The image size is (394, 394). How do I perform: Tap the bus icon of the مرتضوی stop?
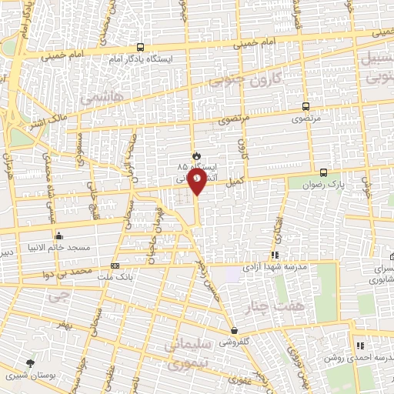(307, 107)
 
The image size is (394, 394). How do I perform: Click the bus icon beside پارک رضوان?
(323, 173)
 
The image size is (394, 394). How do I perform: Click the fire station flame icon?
(195, 155)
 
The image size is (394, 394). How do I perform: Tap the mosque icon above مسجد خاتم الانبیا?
(58, 235)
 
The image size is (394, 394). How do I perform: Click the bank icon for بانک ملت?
(115, 265)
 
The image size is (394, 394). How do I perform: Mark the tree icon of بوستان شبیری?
(30, 362)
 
